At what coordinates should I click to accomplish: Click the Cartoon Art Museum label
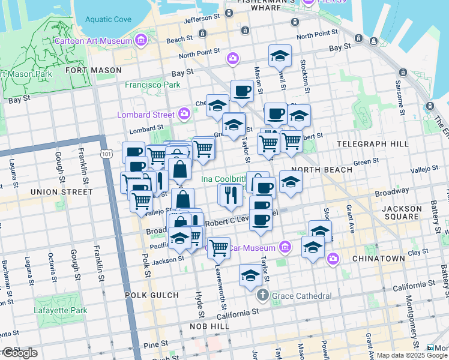[x=92, y=41]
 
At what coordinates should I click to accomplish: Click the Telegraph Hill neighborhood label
[x=372, y=144]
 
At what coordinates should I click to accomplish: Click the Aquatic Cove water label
[x=108, y=19]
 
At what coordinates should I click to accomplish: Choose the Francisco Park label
[x=152, y=85]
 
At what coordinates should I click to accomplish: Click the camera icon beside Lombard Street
[x=184, y=114]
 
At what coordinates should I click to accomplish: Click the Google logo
[x=19, y=353]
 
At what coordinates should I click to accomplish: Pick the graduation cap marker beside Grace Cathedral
[x=250, y=275]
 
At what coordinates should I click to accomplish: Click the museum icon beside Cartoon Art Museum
[x=140, y=41]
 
